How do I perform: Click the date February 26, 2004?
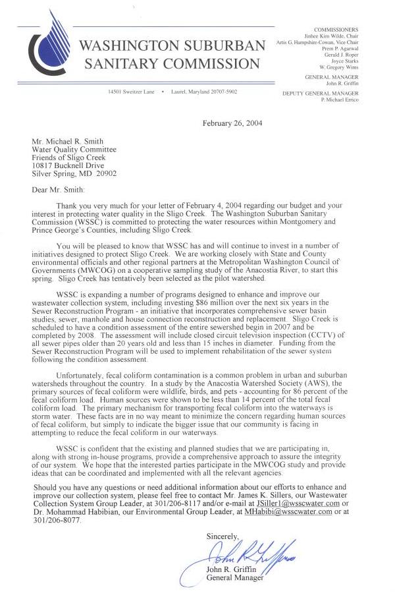pos(232,123)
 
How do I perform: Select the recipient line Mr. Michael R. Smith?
pos(71,140)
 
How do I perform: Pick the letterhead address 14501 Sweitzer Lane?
pos(130,91)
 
